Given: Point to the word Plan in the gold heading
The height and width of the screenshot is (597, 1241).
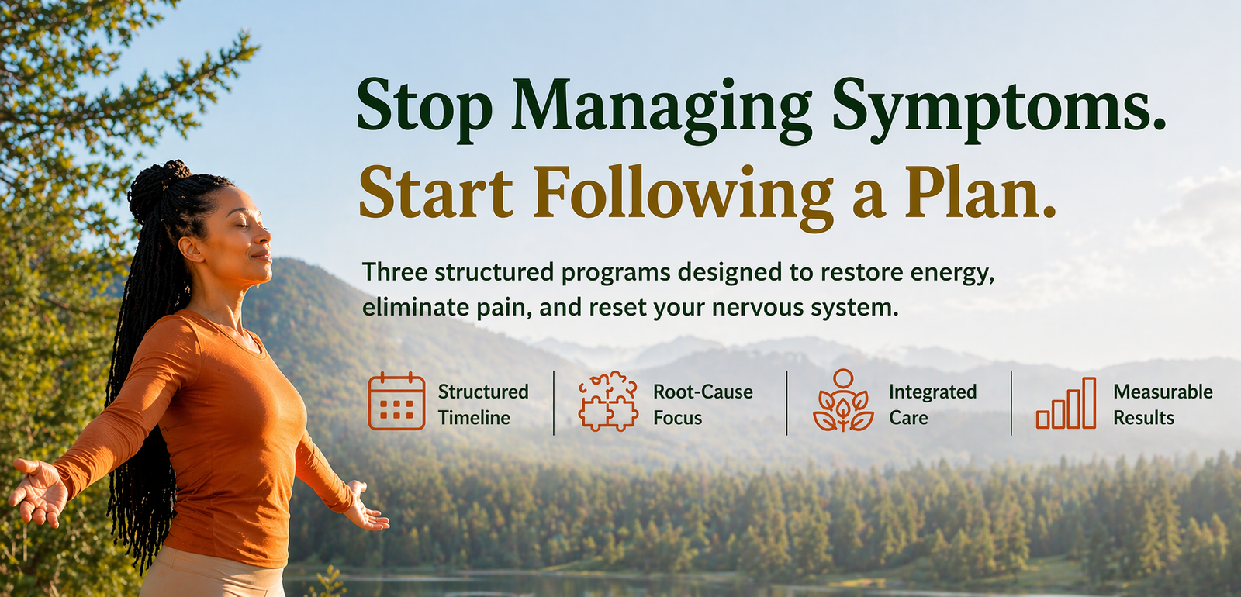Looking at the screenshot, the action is [x=980, y=191].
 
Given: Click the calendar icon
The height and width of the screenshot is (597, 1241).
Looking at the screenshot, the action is [x=396, y=402].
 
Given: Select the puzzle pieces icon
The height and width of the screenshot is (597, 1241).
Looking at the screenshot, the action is [x=608, y=401].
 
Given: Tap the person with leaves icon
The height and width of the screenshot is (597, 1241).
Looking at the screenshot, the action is [x=843, y=400].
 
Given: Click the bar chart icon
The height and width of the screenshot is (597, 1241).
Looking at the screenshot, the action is [x=1066, y=403].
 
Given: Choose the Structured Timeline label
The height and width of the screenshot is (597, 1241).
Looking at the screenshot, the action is [x=483, y=404].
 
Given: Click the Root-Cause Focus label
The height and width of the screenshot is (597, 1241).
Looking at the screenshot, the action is [x=703, y=404].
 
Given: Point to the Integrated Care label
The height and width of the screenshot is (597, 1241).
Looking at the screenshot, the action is [x=932, y=404].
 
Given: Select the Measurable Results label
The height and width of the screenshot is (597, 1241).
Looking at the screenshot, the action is [x=1163, y=404].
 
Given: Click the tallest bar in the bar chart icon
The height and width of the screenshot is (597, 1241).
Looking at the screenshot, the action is [x=1089, y=403].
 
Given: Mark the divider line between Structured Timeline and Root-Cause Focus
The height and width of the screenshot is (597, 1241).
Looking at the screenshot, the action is [x=554, y=403].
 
